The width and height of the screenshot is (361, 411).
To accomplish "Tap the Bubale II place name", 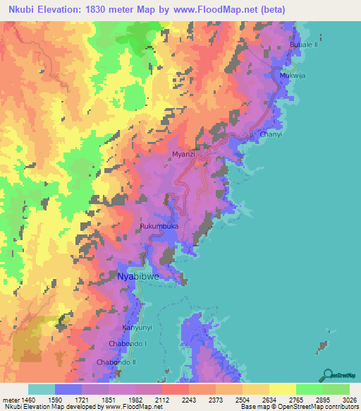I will tap(305, 44).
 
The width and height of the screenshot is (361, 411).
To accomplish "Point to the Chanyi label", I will tap(271, 133).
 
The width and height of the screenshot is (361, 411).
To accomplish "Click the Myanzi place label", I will tap(183, 153).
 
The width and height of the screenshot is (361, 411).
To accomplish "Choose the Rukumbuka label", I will tap(159, 226).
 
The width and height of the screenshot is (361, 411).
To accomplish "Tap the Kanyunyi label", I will tap(137, 328).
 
